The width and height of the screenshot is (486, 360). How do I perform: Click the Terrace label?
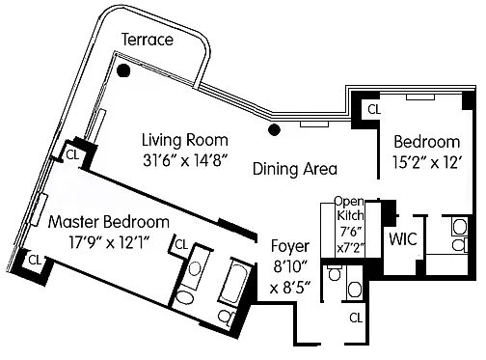(x=148, y=40)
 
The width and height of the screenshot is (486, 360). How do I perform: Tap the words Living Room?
(x=185, y=140)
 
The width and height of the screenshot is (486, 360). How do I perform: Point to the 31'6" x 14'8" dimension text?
(x=185, y=160)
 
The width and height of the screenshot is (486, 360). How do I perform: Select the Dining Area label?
(x=295, y=169)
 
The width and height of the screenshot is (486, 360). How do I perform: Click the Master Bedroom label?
(x=109, y=222)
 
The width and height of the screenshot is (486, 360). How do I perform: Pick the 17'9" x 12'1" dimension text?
(x=110, y=242)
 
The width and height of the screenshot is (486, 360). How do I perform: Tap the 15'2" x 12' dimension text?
(x=427, y=162)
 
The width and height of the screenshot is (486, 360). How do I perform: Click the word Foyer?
(x=290, y=246)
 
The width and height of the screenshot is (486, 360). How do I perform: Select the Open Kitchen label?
(x=350, y=208)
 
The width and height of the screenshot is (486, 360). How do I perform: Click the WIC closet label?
(x=403, y=238)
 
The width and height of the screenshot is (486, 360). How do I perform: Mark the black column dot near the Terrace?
(x=123, y=70)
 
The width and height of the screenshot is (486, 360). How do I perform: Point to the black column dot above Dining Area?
(x=274, y=129)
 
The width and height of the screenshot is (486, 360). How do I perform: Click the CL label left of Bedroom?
(x=374, y=109)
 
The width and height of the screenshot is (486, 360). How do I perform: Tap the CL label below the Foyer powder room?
(x=356, y=318)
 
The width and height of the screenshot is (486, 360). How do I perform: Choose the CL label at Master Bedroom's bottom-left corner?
(x=35, y=260)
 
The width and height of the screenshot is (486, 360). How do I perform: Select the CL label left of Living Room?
(x=72, y=155)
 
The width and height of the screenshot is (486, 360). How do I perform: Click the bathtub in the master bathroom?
(x=234, y=282)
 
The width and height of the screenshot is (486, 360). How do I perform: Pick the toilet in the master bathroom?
(x=227, y=317)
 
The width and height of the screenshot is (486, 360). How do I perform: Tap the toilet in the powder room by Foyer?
(x=335, y=273)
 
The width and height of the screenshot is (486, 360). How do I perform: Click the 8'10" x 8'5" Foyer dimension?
(x=290, y=277)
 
